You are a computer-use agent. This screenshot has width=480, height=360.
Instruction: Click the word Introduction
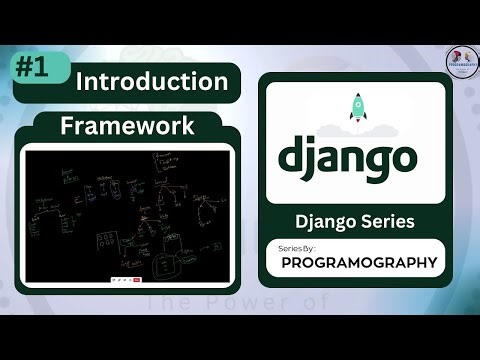(x=152, y=81)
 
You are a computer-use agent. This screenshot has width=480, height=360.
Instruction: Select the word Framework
(x=126, y=127)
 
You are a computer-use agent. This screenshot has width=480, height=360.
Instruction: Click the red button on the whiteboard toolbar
(x=136, y=281)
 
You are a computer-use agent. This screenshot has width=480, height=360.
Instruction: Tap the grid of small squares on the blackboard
(x=108, y=243)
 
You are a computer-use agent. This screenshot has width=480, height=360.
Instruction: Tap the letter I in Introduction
(x=80, y=81)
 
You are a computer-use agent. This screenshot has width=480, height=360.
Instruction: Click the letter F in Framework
(x=67, y=127)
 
